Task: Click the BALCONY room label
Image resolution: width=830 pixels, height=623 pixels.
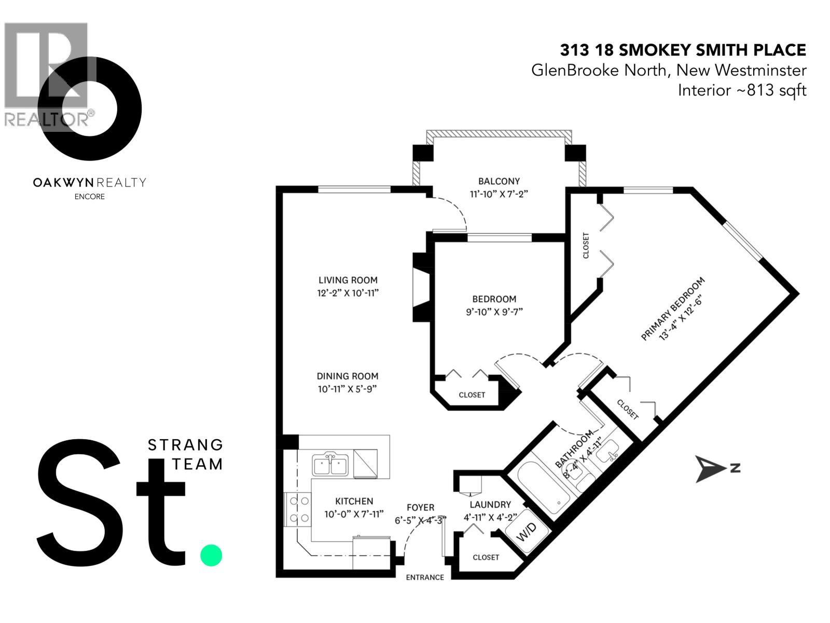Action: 499,181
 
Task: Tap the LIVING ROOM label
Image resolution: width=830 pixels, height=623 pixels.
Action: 348,280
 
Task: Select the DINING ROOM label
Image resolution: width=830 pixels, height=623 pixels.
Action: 348,376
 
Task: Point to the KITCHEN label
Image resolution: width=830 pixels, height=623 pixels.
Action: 354,501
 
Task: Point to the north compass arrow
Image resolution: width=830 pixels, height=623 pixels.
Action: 711,469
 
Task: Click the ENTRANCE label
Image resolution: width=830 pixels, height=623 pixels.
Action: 425,577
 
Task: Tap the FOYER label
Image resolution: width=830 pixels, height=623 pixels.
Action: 420,508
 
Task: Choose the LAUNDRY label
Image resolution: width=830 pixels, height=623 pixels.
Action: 490,505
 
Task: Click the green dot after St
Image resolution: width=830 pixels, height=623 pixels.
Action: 211,555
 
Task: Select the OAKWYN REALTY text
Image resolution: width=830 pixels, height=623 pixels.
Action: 89,182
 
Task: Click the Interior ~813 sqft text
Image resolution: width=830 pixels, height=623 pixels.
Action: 742,90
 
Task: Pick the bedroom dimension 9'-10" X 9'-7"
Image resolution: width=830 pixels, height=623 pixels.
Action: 494,312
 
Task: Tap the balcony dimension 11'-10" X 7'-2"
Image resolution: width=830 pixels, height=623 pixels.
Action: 499,194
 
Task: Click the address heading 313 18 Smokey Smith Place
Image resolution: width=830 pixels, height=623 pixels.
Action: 683,50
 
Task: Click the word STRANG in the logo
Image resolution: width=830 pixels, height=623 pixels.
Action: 185,445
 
